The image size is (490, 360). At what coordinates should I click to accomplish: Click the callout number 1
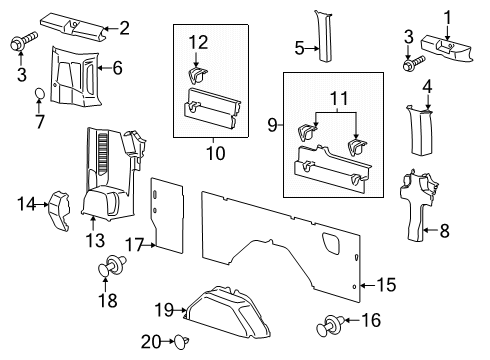coord(448,17)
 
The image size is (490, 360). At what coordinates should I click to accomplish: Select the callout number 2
coord(124,28)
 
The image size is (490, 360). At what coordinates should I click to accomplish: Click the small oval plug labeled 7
coord(40,94)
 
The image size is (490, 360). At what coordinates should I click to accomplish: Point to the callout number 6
coord(117,68)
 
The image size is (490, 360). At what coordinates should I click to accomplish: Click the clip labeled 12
coord(197,75)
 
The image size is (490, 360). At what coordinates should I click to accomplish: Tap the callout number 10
coord(211,154)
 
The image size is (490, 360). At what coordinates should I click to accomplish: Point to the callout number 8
coord(445,230)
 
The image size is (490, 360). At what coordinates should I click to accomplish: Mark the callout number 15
coord(385,286)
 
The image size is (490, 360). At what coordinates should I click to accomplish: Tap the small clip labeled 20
coord(179,342)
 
